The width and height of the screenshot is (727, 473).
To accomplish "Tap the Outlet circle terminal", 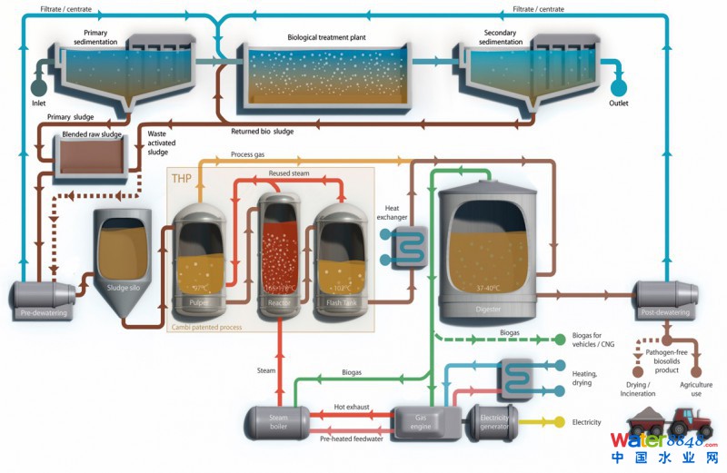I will [x=619, y=87].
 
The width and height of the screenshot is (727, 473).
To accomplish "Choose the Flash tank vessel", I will [x=341, y=263].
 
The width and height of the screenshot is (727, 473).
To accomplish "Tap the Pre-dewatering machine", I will [x=43, y=300].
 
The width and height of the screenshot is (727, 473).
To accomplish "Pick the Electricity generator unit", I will [x=492, y=419].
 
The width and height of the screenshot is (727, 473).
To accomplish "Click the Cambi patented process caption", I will [x=207, y=326].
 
